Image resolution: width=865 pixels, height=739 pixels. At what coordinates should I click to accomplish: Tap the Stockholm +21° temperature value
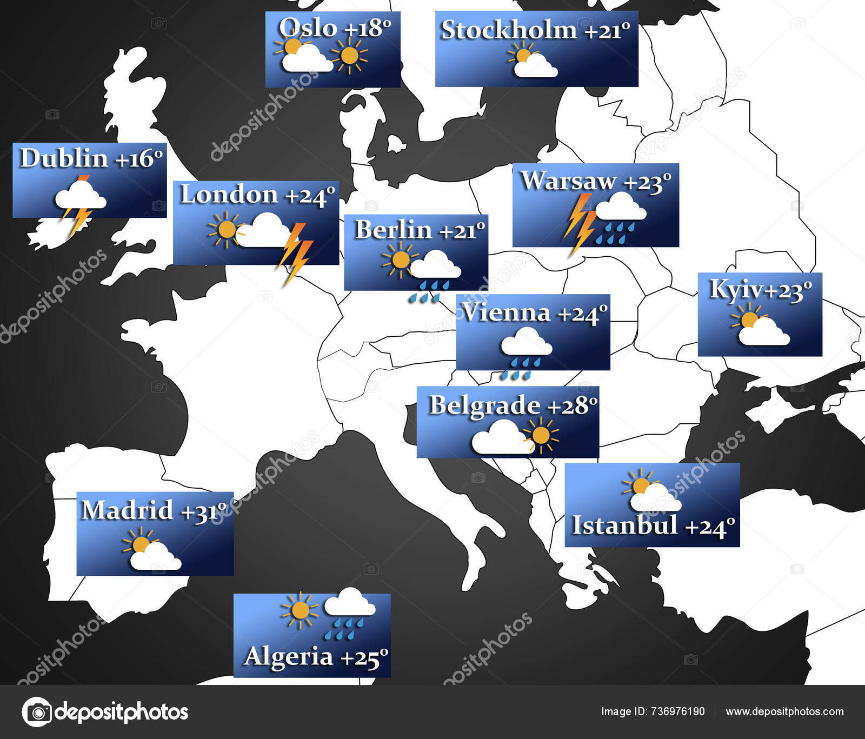[x=607, y=30]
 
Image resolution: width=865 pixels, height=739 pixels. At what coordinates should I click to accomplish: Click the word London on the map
[x=229, y=195]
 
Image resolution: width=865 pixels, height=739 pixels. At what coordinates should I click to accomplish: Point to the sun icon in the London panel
[x=225, y=230]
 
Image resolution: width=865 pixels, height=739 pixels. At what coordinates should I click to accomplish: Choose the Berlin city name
[x=393, y=230]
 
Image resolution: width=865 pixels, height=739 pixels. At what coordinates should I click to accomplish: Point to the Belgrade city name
[x=484, y=405]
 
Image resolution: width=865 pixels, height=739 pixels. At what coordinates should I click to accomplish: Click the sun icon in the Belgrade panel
[x=540, y=435]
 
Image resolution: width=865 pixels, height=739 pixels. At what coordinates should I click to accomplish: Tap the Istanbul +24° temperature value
[x=709, y=526]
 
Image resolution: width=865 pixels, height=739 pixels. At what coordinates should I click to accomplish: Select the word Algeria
[x=288, y=656]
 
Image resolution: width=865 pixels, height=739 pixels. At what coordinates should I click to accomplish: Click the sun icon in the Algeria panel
[x=299, y=610]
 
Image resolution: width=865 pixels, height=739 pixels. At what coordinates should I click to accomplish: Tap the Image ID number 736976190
[x=677, y=711]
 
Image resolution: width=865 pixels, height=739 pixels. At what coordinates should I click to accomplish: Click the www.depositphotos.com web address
[x=784, y=711]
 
